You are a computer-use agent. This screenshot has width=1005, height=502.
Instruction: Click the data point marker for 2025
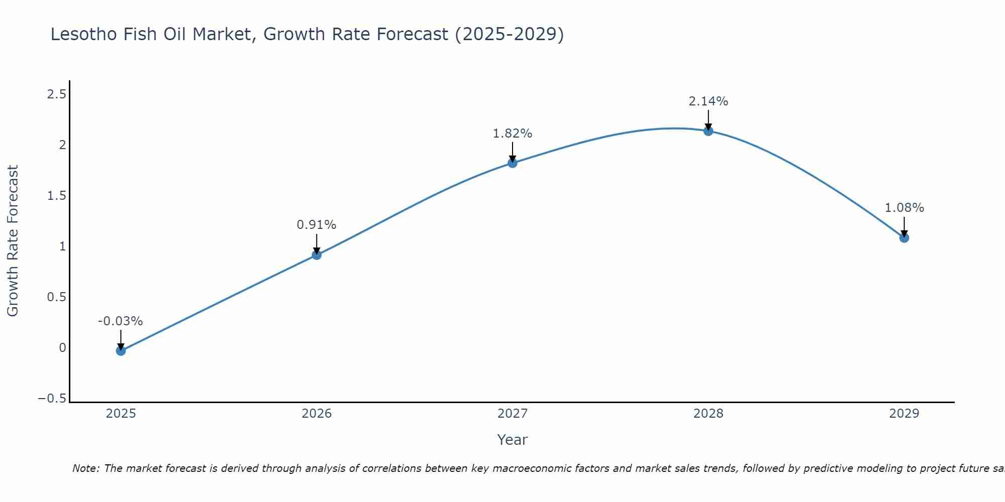coord(121,350)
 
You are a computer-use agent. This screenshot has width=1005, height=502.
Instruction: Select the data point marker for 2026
coord(317,255)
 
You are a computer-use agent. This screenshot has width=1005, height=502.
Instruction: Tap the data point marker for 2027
coord(513,163)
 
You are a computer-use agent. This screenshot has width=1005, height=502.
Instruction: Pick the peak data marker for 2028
coord(709,131)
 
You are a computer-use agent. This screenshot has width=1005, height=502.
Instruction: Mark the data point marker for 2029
coord(904,237)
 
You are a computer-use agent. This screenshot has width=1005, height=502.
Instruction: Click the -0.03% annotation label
coord(120,321)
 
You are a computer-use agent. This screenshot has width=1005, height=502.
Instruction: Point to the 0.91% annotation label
coord(316,225)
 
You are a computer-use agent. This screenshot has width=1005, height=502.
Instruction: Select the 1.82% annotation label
coord(512,134)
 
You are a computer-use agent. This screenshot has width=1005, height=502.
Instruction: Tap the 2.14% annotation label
coord(708,101)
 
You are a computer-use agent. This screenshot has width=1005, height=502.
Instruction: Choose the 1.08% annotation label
coord(904,208)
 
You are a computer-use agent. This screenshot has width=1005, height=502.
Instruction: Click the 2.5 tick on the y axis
coord(56,94)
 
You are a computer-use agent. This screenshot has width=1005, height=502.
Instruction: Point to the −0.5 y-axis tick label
coord(52,399)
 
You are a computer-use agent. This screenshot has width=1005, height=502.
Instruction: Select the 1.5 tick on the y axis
coord(56,196)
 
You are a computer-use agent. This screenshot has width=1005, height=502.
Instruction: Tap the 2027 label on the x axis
coord(513,414)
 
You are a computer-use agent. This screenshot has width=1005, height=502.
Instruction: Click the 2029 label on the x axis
coord(904,414)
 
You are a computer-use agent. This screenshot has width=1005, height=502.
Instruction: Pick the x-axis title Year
coord(512,440)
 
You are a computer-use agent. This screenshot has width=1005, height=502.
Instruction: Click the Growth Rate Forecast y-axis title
coord(13,241)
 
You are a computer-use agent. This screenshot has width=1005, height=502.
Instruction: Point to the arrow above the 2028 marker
coord(709,120)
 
